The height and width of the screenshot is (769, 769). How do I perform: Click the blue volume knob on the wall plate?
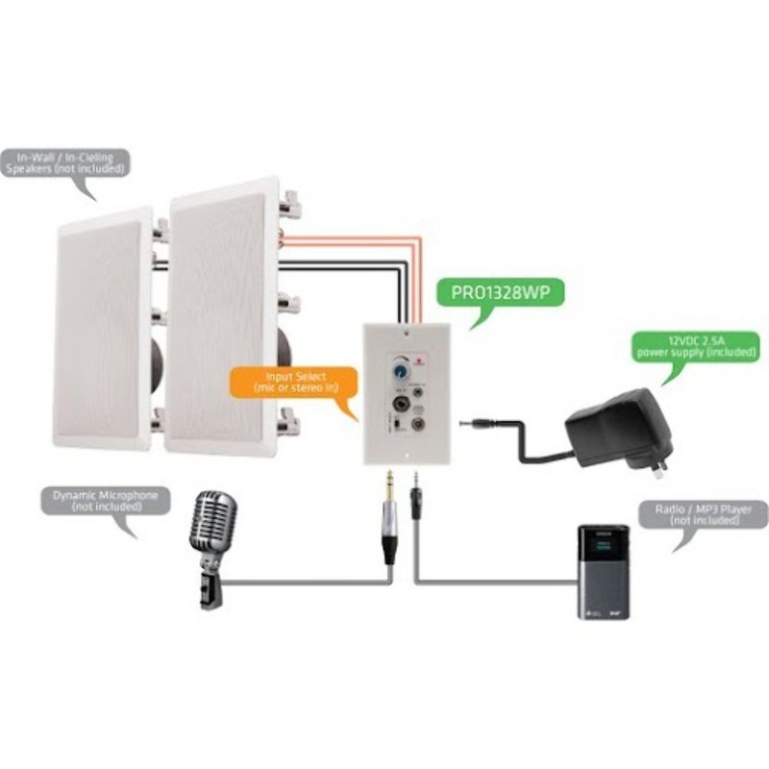pos(397,366)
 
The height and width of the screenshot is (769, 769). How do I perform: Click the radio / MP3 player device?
pos(603,571)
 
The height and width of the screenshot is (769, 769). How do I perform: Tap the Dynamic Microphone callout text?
pos(106,500)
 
